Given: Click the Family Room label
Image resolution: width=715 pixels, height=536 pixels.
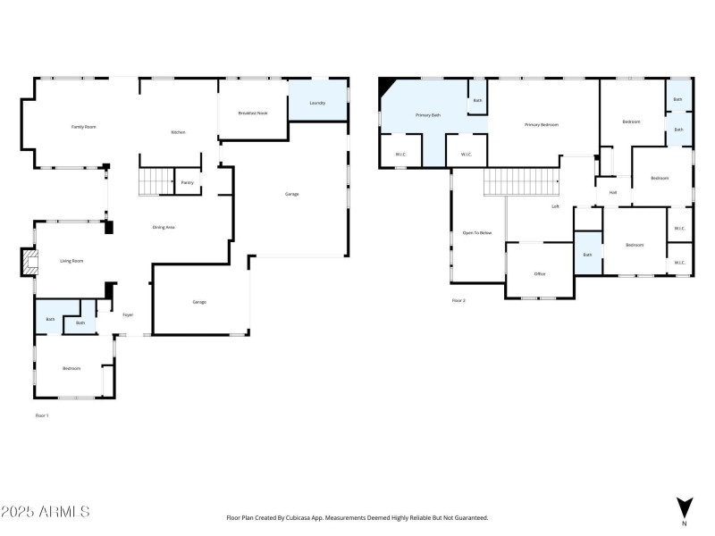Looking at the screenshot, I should [x=83, y=128].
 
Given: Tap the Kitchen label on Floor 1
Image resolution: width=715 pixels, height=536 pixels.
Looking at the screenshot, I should [x=178, y=132].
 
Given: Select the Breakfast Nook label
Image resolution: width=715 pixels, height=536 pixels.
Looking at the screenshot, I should [x=252, y=113].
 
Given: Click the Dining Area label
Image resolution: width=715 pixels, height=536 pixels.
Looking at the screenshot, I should [x=163, y=228].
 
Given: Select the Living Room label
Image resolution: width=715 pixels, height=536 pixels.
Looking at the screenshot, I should [x=71, y=261].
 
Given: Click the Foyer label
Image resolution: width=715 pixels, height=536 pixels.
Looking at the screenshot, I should [x=128, y=315].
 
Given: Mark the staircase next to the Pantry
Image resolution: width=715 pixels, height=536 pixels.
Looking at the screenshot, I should [x=155, y=181].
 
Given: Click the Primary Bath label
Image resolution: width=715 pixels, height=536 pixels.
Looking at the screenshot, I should [x=428, y=115].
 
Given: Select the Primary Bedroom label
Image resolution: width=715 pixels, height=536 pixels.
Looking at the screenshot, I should [x=542, y=124].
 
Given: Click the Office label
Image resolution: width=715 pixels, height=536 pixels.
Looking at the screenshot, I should [x=540, y=273].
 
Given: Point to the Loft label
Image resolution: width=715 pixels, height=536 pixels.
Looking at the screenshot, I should [x=555, y=206].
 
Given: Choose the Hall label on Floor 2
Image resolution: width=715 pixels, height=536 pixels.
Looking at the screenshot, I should [x=613, y=192].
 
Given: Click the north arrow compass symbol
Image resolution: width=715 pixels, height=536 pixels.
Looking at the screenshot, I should [x=684, y=508].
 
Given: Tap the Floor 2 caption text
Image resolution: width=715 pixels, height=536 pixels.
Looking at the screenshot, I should [x=458, y=301].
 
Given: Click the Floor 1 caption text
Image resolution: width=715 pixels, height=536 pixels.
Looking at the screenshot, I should [x=42, y=415].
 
